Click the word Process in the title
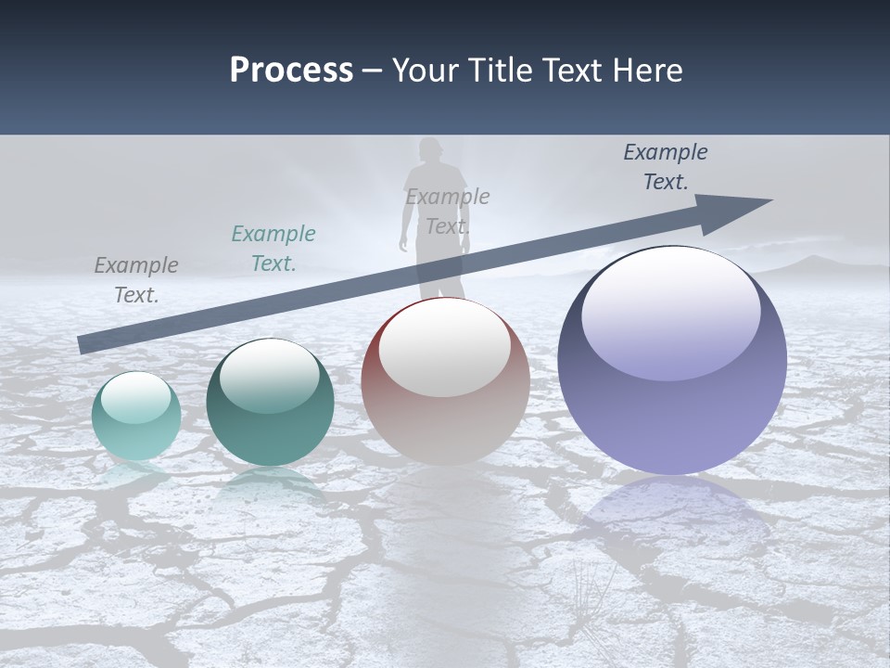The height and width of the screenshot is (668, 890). pos(291,70)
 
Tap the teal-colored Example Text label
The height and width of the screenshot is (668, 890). pos(273,249)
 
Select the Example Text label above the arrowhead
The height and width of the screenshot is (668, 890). pos(666,167)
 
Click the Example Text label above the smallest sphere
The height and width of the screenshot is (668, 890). pos(136,280)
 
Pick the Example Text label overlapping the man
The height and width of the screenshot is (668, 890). pos(448,212)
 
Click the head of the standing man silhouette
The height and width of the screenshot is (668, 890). pos(429,149)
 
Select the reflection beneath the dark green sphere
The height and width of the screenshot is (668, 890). pos(270,484)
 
